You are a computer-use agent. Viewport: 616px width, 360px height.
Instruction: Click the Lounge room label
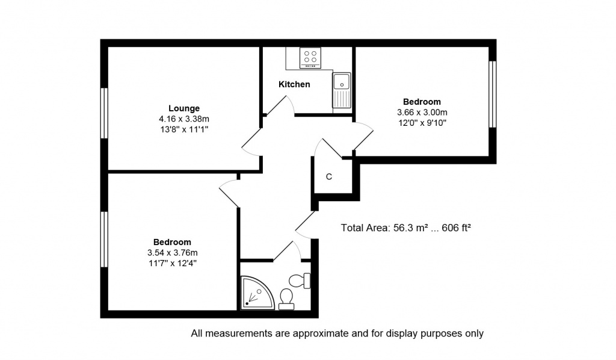tap(184, 108)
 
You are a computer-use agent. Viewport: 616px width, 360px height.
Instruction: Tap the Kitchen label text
tap(294, 84)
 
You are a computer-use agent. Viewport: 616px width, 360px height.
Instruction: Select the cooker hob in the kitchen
tap(310, 57)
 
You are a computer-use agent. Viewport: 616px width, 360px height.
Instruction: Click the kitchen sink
tap(342, 90)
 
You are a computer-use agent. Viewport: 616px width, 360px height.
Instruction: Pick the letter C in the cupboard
tap(329, 177)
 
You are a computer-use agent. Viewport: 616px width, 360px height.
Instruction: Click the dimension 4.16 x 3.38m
tap(184, 119)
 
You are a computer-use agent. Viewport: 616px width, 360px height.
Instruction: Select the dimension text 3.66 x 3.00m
tap(422, 113)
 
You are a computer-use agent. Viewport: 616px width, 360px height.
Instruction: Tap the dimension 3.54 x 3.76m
tap(172, 253)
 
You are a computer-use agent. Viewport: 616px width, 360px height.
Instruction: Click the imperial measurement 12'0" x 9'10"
tap(422, 123)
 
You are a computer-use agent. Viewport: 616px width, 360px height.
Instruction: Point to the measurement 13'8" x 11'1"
tap(184, 129)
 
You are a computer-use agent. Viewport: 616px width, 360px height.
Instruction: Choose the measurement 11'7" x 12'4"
tap(172, 263)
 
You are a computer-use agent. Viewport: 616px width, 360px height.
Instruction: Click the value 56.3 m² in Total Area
tap(410, 228)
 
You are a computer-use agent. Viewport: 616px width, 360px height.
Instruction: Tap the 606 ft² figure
tap(456, 228)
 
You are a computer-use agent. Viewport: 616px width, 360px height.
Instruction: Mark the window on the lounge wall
tap(104, 113)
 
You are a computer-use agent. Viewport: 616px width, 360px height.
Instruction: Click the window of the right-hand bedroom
tap(493, 95)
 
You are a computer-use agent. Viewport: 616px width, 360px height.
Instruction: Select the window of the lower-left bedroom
tap(104, 240)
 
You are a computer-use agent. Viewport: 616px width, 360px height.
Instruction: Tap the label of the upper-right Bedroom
tap(422, 102)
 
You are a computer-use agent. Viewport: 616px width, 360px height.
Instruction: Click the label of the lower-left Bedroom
tap(172, 242)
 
